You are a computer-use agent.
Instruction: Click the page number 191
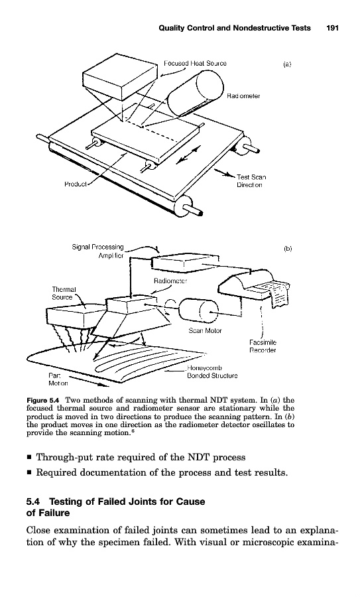(332, 28)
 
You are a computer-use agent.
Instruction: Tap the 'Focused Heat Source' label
(195, 63)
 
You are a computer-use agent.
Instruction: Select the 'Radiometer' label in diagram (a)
(243, 96)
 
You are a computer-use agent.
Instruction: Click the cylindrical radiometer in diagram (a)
(196, 94)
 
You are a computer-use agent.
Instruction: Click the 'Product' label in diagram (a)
(76, 184)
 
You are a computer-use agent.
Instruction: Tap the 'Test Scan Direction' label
(251, 181)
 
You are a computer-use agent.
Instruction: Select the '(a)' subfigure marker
(287, 64)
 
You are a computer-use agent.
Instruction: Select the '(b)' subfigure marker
(288, 249)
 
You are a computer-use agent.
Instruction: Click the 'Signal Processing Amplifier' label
(98, 251)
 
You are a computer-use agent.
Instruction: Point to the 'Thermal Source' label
(64, 293)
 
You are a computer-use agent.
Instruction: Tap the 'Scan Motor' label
(205, 330)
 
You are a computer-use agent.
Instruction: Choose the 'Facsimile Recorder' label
(263, 346)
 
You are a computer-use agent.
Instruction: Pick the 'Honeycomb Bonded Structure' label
(212, 372)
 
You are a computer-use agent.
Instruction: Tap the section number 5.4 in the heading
(33, 501)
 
